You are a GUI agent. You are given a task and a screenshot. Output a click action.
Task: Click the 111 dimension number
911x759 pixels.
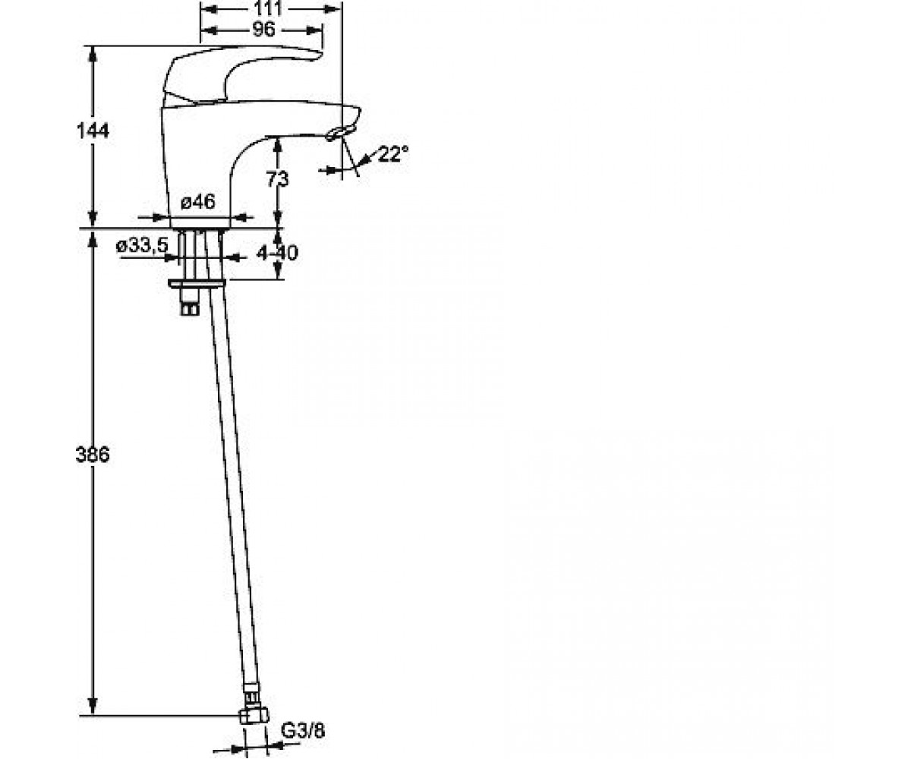pyautogui.click(x=267, y=8)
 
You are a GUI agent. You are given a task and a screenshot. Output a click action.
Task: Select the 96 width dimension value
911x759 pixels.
pyautogui.click(x=264, y=30)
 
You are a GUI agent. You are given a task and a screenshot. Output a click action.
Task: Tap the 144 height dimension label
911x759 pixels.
pyautogui.click(x=93, y=131)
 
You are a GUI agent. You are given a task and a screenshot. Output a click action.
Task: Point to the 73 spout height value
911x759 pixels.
pyautogui.click(x=278, y=179)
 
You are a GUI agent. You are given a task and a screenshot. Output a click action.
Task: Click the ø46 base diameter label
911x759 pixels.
pyautogui.click(x=198, y=202)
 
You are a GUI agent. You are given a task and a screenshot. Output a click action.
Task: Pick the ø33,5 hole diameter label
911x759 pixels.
pyautogui.click(x=142, y=246)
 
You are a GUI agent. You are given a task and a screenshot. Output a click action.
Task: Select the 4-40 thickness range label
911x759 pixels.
pyautogui.click(x=277, y=253)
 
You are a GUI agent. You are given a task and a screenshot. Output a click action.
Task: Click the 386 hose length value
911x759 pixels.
pyautogui.click(x=93, y=455)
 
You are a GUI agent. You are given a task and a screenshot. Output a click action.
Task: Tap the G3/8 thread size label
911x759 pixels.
pyautogui.click(x=303, y=731)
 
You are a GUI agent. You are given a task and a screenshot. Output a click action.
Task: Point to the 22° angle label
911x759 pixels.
pyautogui.click(x=393, y=153)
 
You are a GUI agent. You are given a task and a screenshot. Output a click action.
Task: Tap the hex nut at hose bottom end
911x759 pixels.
pyautogui.click(x=254, y=715)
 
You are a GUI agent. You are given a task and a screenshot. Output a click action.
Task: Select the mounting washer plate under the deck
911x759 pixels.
pyautogui.click(x=197, y=284)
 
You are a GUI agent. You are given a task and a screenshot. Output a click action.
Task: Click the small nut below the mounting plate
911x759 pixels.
pyautogui.click(x=190, y=309)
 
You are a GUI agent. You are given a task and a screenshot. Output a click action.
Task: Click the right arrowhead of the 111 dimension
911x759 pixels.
pyautogui.click(x=332, y=8)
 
